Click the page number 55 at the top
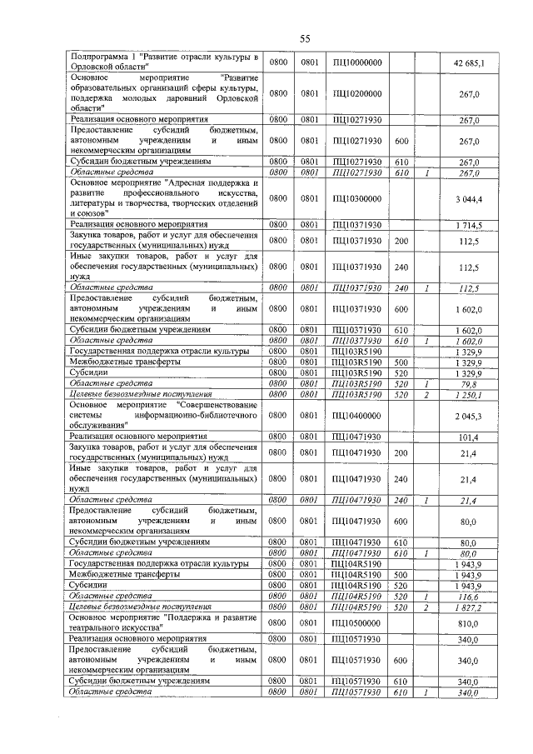[x=305, y=38]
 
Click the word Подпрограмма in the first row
[x=102, y=57]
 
